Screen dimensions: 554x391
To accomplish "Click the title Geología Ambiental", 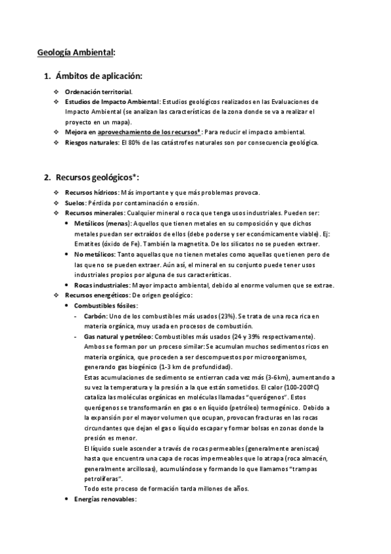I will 76,52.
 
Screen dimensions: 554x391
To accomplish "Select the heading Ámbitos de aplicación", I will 98,76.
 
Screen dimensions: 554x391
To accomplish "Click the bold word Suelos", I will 76,203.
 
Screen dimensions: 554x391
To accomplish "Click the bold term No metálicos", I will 94,254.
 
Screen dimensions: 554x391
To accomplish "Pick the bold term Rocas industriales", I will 102,285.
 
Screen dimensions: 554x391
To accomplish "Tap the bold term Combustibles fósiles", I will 106,306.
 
